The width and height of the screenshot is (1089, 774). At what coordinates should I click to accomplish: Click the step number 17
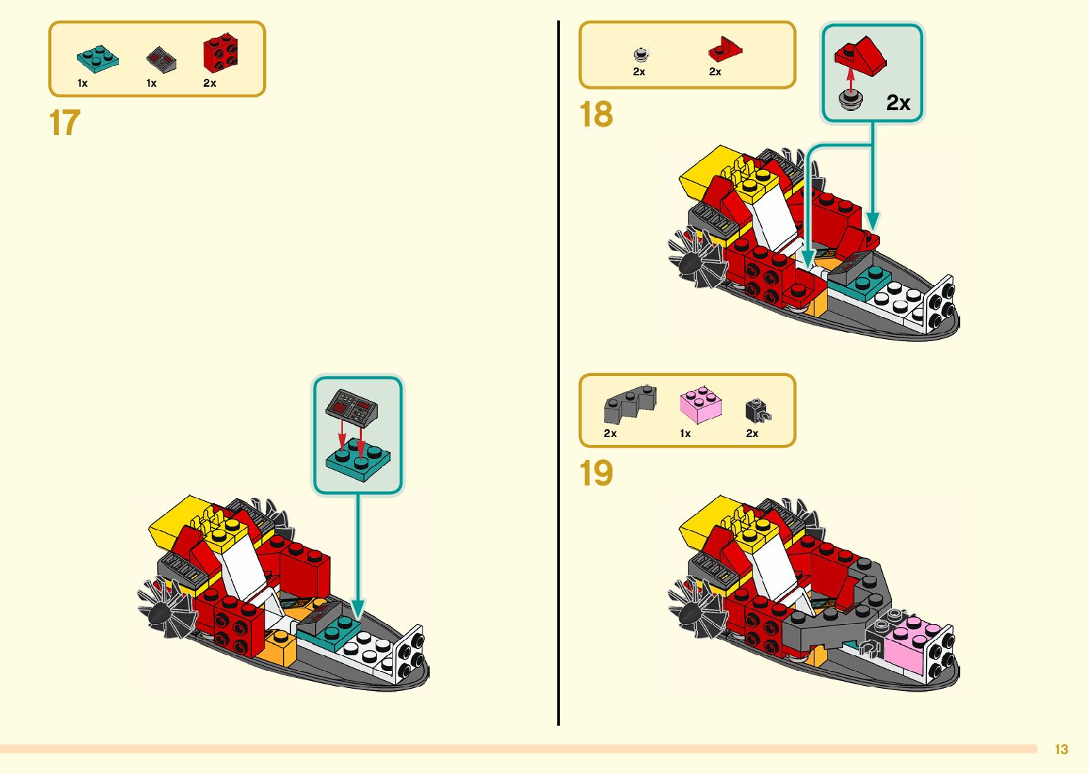(65, 123)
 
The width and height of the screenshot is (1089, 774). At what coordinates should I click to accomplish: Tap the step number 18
(596, 114)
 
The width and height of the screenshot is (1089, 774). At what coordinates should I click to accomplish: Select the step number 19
(596, 473)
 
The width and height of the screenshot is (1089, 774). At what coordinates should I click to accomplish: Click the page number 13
(1061, 749)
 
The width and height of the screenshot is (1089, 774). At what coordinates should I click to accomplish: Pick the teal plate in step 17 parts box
(97, 58)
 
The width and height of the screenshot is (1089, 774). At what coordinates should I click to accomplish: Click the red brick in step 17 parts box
(221, 53)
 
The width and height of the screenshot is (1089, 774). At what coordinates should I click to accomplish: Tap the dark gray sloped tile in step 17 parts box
(161, 60)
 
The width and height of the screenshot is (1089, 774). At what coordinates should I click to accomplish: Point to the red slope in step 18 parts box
(725, 49)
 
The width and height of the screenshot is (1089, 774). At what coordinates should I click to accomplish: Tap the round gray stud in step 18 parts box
(640, 54)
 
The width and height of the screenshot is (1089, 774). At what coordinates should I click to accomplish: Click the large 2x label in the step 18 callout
(898, 103)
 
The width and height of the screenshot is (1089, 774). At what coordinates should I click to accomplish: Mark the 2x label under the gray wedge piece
(610, 433)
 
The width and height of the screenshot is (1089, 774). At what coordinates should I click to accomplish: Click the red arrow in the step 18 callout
(849, 77)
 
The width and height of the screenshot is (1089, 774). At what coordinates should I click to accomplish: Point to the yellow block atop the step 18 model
(704, 168)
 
